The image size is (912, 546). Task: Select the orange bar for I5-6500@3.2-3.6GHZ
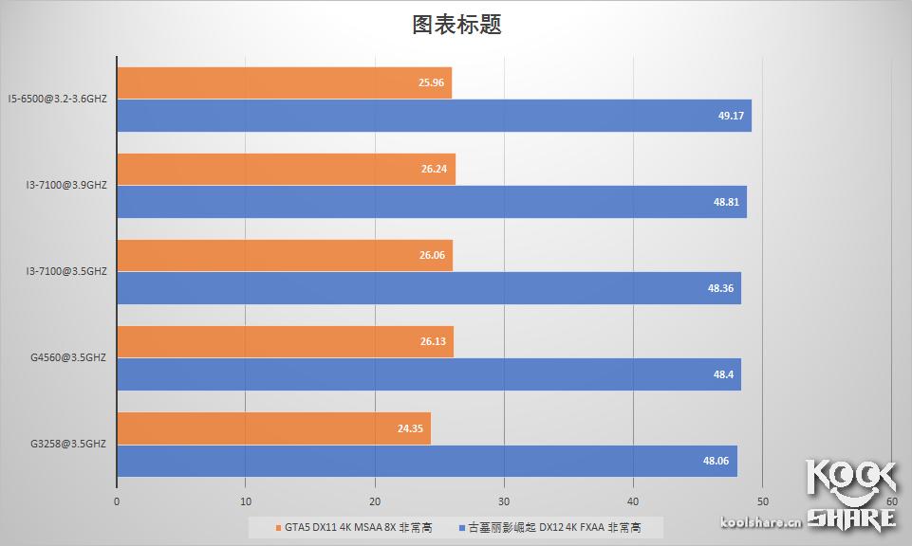coord(284,82)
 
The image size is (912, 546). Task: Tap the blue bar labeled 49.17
coord(434,116)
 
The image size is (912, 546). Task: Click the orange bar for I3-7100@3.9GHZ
coord(286,169)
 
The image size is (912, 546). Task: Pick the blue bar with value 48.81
coord(431,202)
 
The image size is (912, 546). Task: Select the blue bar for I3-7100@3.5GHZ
coord(428,288)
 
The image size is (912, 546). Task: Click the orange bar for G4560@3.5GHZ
coord(285,342)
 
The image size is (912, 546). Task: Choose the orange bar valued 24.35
coord(273,428)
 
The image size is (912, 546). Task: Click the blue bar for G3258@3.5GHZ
coord(426,461)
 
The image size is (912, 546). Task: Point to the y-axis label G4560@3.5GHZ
coord(67,357)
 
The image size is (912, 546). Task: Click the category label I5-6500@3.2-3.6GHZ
coord(57,99)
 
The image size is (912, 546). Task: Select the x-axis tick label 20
coord(375,501)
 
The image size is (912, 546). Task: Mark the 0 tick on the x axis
coord(117,501)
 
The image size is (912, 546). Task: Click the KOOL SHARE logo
coord(851,491)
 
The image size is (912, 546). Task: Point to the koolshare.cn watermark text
coord(762,520)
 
